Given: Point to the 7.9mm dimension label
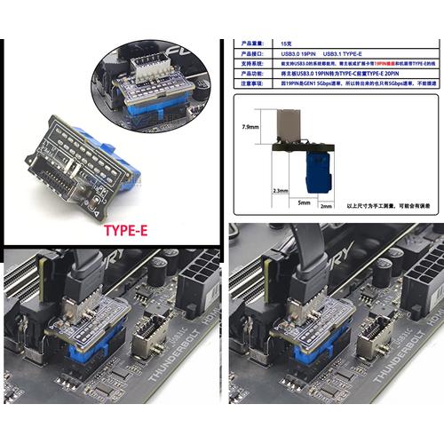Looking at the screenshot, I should [250, 127].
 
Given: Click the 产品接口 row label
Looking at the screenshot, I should [253, 54].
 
